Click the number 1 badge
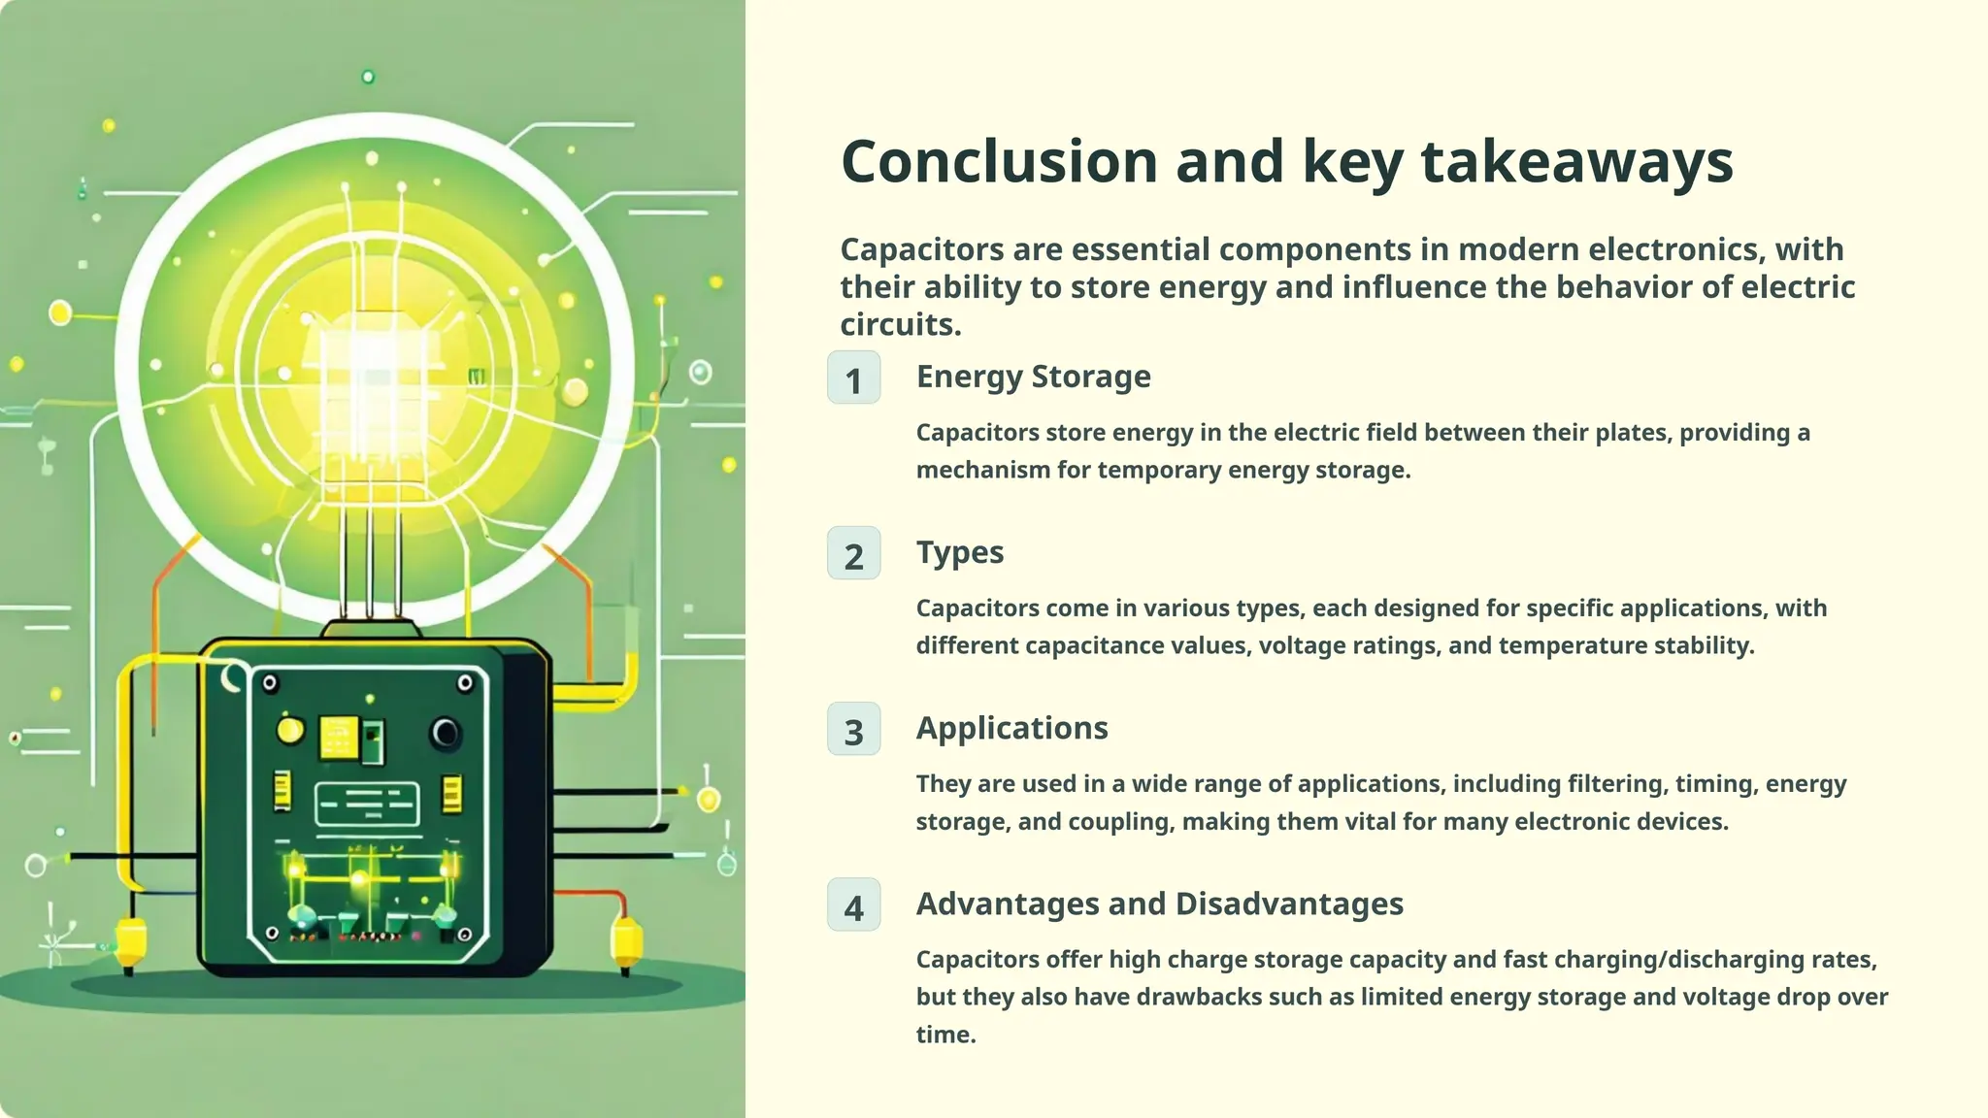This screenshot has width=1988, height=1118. [853, 378]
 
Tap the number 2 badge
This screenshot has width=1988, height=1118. [853, 554]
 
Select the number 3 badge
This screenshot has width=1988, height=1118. [853, 730]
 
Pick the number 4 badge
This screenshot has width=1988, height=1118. [853, 905]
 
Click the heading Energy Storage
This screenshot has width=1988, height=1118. [1033, 377]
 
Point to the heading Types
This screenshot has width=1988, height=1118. [959, 552]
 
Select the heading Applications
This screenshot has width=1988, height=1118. [1011, 728]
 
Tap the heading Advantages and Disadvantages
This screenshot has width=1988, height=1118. [1159, 904]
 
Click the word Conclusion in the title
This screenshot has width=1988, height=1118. [999, 161]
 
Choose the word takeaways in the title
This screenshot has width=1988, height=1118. [1576, 163]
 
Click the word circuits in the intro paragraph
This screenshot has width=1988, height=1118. [899, 325]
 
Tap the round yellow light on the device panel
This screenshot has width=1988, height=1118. [290, 731]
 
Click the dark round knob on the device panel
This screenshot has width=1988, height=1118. [446, 733]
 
